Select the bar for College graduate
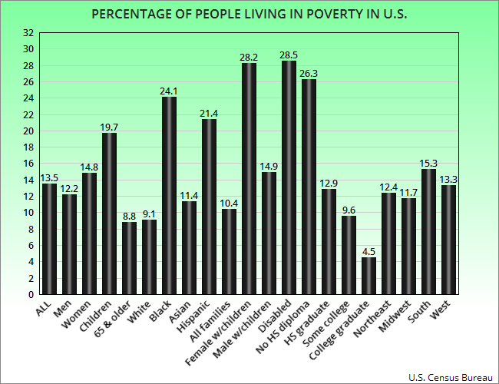[x=368, y=276]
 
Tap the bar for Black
[x=169, y=195]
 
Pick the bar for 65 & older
[x=129, y=258]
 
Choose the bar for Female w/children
[x=249, y=179]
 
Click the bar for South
[x=428, y=231]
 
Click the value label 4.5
[x=368, y=251]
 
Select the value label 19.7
[x=109, y=127]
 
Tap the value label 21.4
[x=209, y=113]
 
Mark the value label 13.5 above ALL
[x=49, y=177]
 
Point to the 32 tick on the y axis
[x=28, y=32]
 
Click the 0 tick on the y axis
[x=31, y=294]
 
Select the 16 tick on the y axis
[x=28, y=164]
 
